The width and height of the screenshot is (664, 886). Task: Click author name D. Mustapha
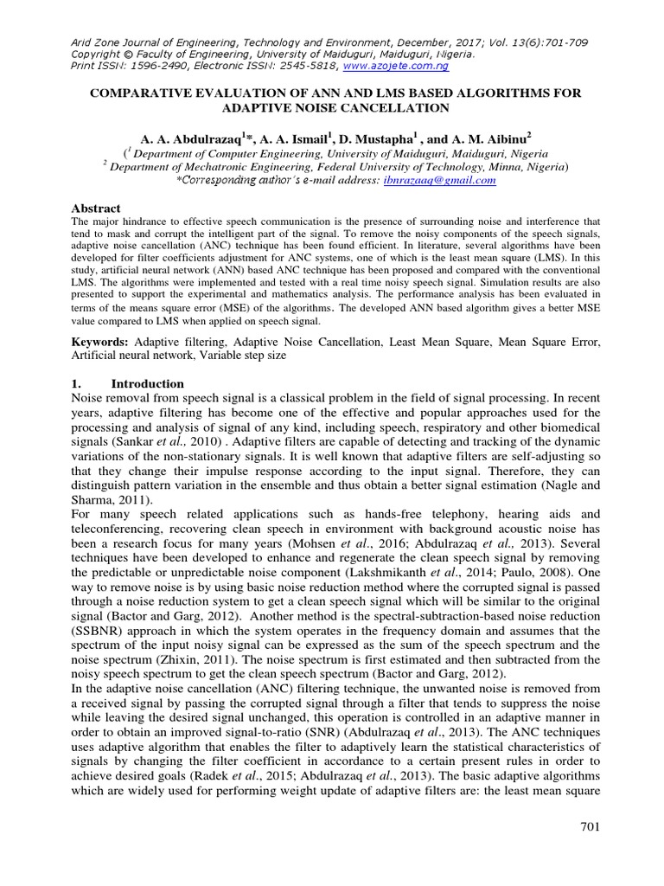(381, 137)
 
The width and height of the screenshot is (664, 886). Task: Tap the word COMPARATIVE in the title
(145, 93)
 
